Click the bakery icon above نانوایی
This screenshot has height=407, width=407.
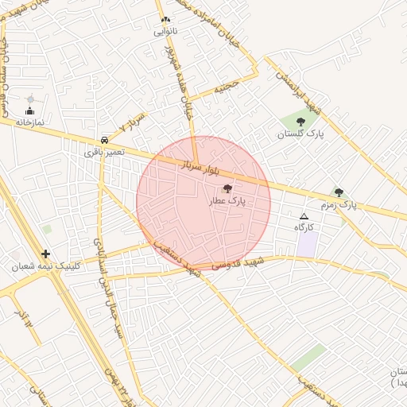pyautogui.click(x=165, y=20)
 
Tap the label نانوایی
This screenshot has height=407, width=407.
pyautogui.click(x=165, y=33)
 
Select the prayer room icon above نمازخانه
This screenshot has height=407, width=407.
pyautogui.click(x=30, y=99)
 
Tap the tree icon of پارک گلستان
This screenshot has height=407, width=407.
pyautogui.click(x=300, y=122)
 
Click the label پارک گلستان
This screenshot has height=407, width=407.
pyautogui.click(x=300, y=134)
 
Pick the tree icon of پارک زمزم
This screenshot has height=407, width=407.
pyautogui.click(x=339, y=192)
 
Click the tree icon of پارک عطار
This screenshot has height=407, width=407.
pyautogui.click(x=228, y=189)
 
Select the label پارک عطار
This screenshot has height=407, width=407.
pyautogui.click(x=227, y=202)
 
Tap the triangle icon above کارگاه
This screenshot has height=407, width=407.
pyautogui.click(x=303, y=216)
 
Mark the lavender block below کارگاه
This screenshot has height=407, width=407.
pyautogui.click(x=307, y=244)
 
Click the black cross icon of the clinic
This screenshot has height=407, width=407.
pyautogui.click(x=45, y=254)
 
